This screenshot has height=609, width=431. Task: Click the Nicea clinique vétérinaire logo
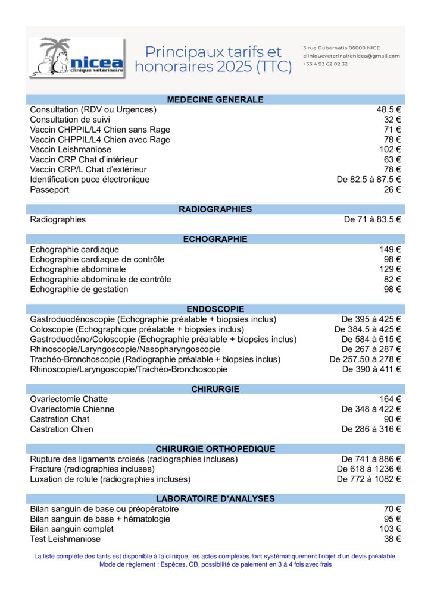pos(76,58)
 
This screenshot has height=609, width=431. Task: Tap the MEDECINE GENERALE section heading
pos(215,99)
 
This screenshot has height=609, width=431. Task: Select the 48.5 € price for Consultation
pos(389,109)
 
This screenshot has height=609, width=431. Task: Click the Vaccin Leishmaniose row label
pos(70,149)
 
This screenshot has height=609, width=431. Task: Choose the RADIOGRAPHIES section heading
pos(215,209)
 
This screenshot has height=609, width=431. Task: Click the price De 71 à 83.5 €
pos(372,219)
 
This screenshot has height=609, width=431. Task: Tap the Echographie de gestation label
pos(79,289)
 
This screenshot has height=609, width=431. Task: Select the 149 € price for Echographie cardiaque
pos(390,249)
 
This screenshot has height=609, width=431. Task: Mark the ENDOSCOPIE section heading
pos(215,309)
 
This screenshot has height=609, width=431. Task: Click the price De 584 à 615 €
pos(371,339)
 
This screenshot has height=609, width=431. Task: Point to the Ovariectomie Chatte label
pos(68,399)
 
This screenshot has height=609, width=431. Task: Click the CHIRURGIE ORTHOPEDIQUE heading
pos(215,448)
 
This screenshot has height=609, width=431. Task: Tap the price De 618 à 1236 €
pos(368,469)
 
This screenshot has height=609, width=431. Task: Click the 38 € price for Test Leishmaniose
pos(392,539)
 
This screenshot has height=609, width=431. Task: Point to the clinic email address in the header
pos(351,56)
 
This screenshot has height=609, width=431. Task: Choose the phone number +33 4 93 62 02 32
pos(325,64)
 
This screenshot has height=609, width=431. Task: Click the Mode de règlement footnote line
pos(215,564)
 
